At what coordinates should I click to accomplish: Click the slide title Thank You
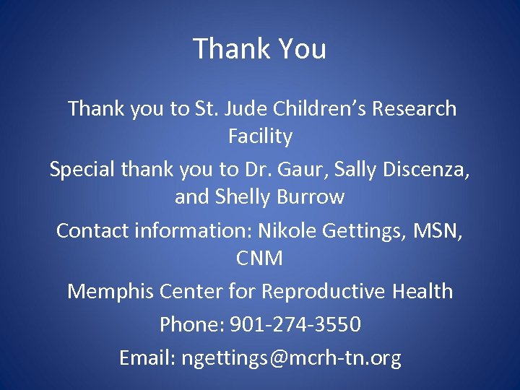[x=260, y=49]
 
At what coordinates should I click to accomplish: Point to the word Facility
[x=260, y=136]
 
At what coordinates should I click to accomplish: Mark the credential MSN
[x=434, y=230]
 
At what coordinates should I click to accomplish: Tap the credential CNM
[x=260, y=258]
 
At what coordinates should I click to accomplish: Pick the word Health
[x=423, y=291]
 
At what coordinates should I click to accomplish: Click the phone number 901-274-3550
[x=295, y=325]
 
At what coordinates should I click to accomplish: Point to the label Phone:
[x=191, y=325]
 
